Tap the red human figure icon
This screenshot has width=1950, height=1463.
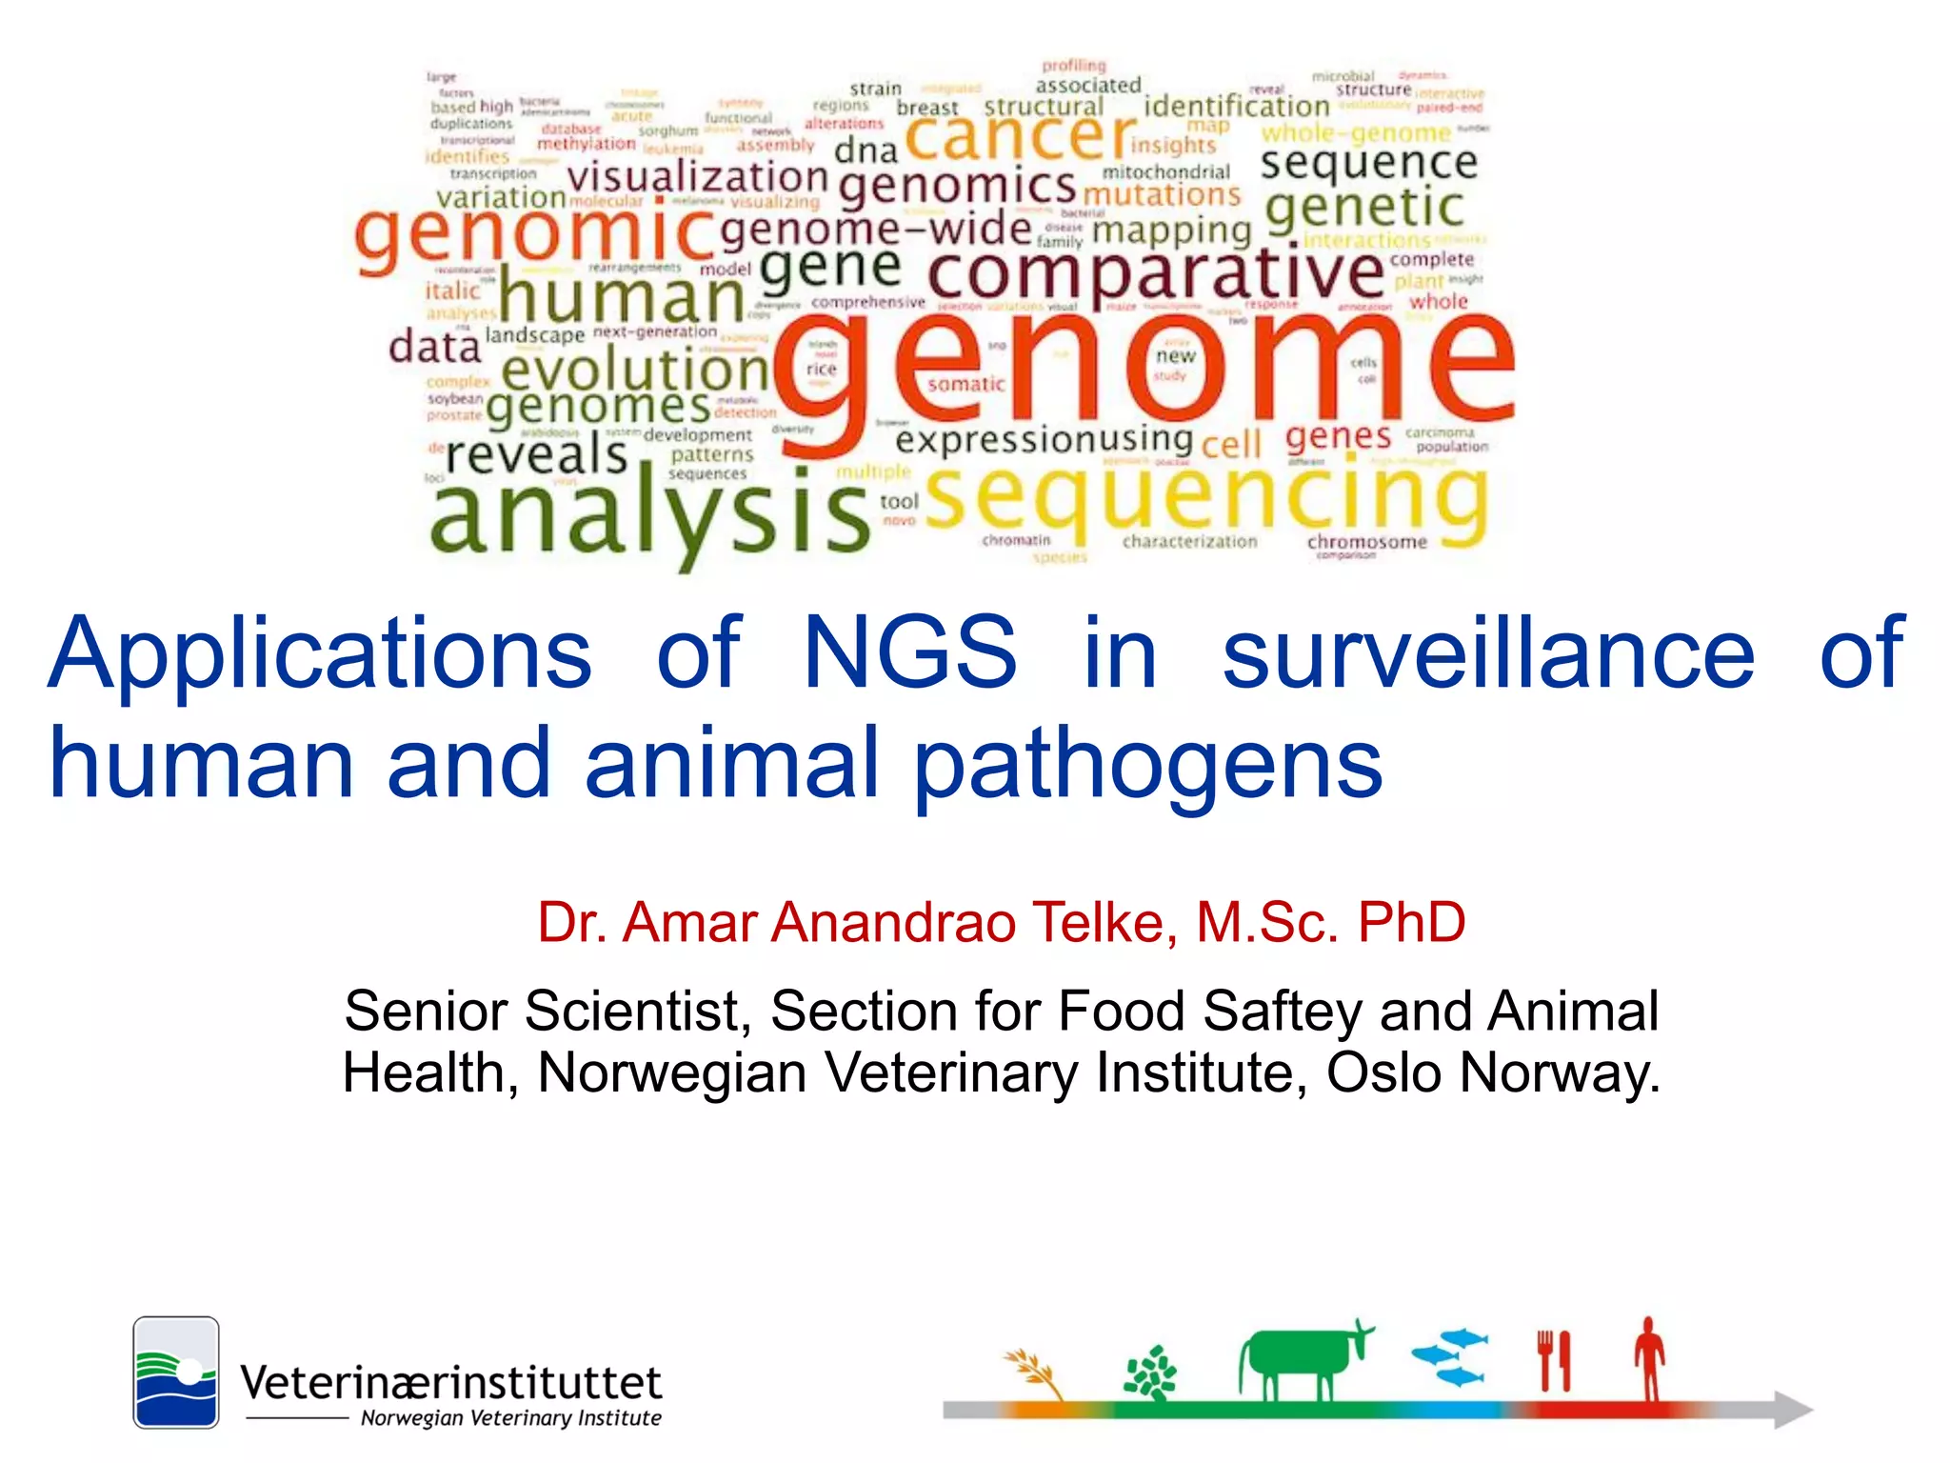click(x=1649, y=1356)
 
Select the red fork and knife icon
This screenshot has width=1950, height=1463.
click(x=1554, y=1360)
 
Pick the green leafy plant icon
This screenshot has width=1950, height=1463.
click(x=1151, y=1372)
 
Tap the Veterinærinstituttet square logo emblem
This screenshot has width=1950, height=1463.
click(x=176, y=1372)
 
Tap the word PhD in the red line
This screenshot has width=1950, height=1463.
click(x=1411, y=922)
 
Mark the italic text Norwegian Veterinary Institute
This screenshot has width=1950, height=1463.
click(x=510, y=1418)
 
